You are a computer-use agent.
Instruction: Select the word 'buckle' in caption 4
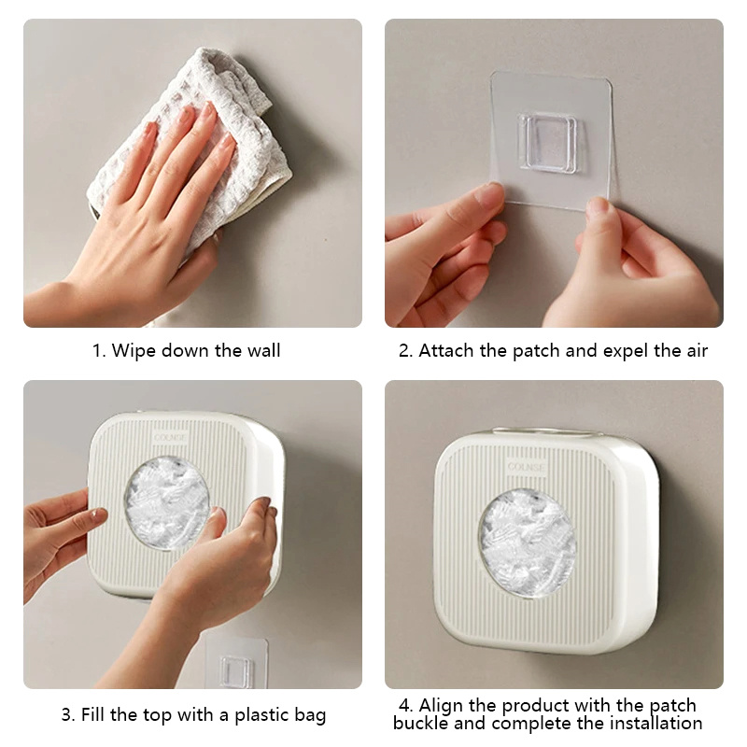click(421, 723)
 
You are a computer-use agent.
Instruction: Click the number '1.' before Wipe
click(99, 351)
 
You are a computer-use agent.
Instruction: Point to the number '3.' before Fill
click(68, 715)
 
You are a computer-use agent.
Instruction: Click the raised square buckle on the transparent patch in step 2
click(547, 141)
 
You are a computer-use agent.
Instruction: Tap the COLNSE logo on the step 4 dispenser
click(526, 467)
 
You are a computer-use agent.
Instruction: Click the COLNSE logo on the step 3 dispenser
click(170, 437)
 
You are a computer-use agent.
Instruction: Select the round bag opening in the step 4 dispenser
click(528, 543)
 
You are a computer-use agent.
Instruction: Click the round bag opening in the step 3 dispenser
click(167, 502)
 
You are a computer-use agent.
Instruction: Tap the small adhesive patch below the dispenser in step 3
click(236, 663)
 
